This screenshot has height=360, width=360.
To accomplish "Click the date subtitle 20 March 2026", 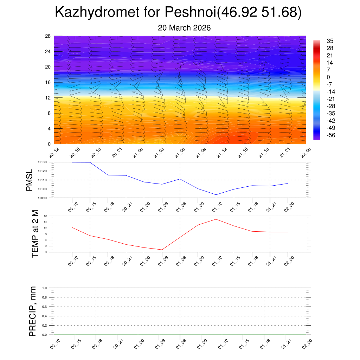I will coord(184,28).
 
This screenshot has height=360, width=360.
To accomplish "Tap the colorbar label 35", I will coord(330,41).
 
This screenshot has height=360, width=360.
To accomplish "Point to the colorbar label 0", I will coord(328,77).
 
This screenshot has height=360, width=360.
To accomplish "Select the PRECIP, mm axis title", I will coord(32,311).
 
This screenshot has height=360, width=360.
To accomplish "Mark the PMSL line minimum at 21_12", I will coord(216,194).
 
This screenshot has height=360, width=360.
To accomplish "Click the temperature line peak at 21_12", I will coord(216,219).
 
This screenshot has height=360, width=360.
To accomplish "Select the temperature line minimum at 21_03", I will coord(162,250).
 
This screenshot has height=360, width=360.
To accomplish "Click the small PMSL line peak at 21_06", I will coord(180,179).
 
